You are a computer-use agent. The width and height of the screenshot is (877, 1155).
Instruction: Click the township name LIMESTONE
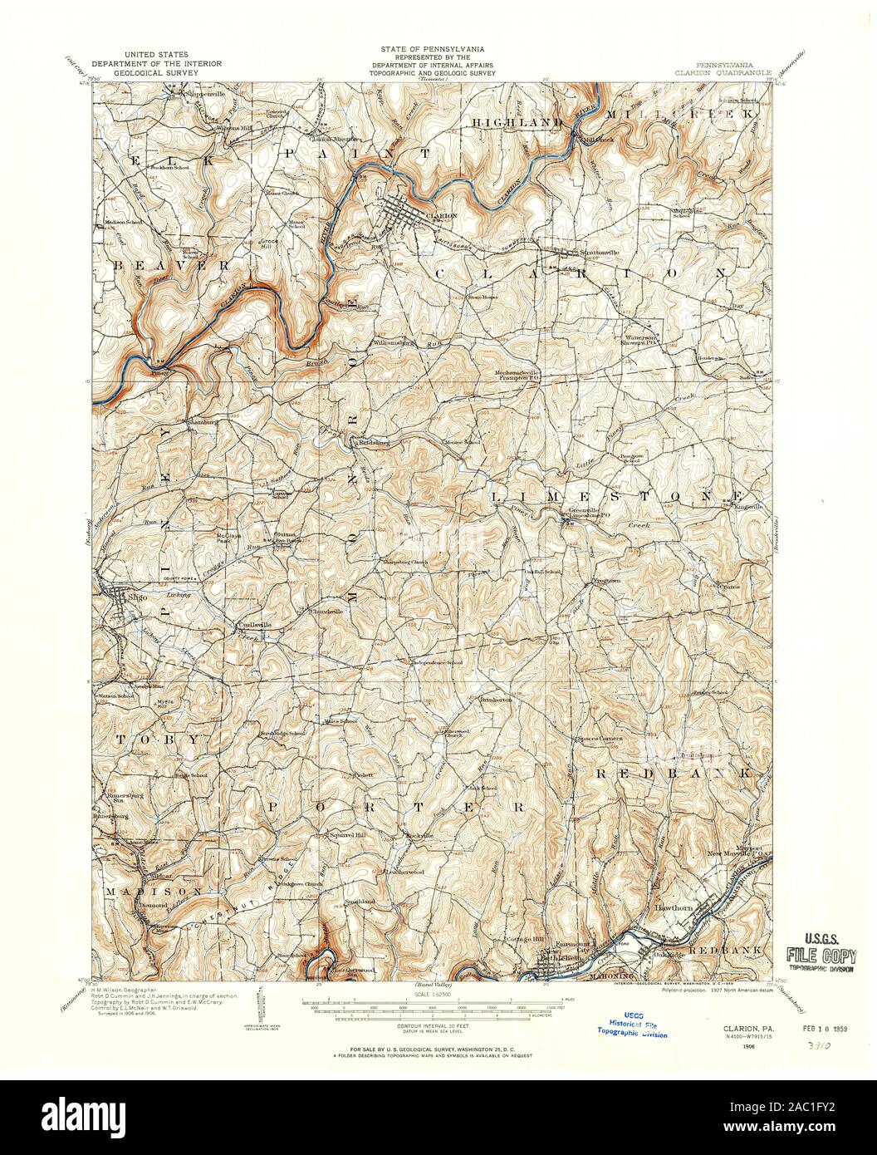(x=603, y=495)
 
